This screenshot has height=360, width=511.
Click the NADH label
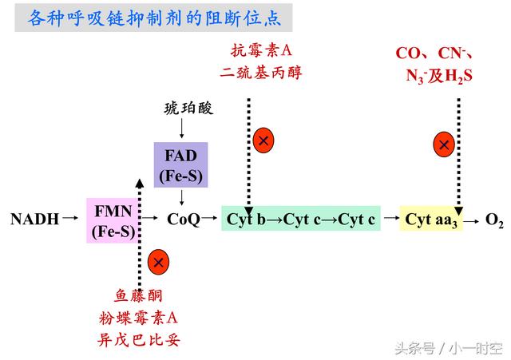click(x=35, y=219)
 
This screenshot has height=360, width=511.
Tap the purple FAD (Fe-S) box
click(x=180, y=164)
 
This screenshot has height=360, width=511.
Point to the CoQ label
click(x=183, y=219)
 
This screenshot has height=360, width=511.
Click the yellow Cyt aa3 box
click(x=430, y=219)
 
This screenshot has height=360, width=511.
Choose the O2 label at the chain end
click(x=494, y=220)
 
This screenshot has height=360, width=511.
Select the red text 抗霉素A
click(x=262, y=51)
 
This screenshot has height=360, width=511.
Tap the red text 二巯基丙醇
click(x=262, y=73)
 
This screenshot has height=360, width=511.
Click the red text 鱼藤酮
click(x=139, y=295)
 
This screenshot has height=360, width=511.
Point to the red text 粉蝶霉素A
click(x=139, y=318)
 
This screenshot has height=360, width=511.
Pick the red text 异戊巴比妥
click(x=139, y=340)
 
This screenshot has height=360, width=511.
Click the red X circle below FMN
click(x=158, y=261)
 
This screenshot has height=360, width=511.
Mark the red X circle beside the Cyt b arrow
click(x=263, y=140)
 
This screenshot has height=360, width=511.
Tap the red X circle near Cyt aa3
click(x=445, y=144)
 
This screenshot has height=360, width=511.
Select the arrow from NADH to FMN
click(x=70, y=218)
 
